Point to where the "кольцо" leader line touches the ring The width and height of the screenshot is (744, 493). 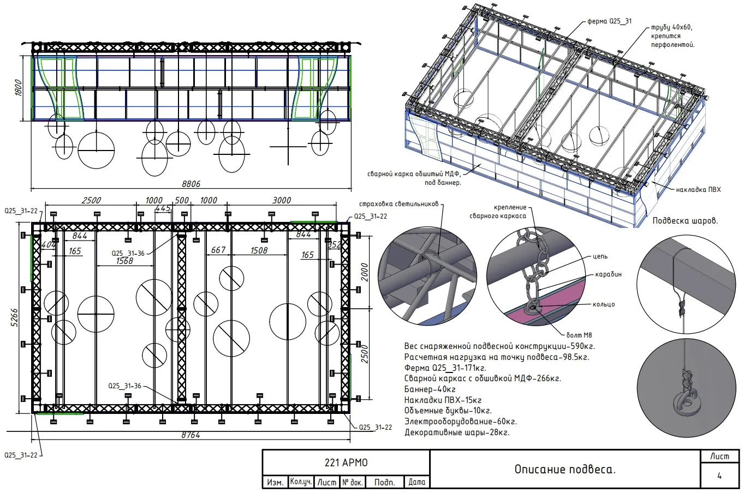[x=535, y=305]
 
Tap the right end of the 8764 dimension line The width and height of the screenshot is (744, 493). [x=350, y=440]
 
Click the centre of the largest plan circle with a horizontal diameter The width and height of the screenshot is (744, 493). [x=96, y=314]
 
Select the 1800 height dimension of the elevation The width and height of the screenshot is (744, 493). [x=19, y=88]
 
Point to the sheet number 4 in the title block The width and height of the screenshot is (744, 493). [x=719, y=476]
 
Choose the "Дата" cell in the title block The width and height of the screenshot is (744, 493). [x=417, y=482]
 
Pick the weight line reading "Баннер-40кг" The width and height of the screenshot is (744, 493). [x=430, y=389]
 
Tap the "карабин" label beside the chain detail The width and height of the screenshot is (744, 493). [x=608, y=274]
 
